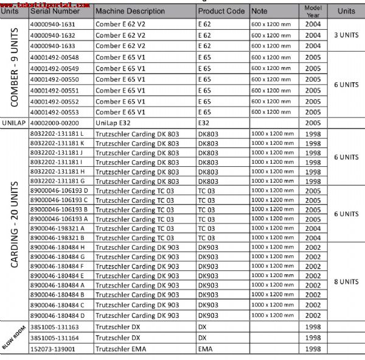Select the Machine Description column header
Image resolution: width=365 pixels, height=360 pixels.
(x=130, y=11)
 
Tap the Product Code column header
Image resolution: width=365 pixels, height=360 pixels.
(x=221, y=11)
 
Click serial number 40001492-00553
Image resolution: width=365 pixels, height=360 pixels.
(x=54, y=112)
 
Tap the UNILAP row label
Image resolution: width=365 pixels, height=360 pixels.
(x=14, y=122)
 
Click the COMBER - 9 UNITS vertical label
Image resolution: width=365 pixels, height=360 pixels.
(x=14, y=68)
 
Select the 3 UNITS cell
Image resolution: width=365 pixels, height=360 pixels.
(x=346, y=35)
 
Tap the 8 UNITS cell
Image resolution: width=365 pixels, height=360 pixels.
(x=346, y=282)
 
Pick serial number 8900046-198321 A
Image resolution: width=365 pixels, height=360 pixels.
(x=57, y=228)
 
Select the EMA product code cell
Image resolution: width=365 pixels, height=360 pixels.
(x=205, y=349)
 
